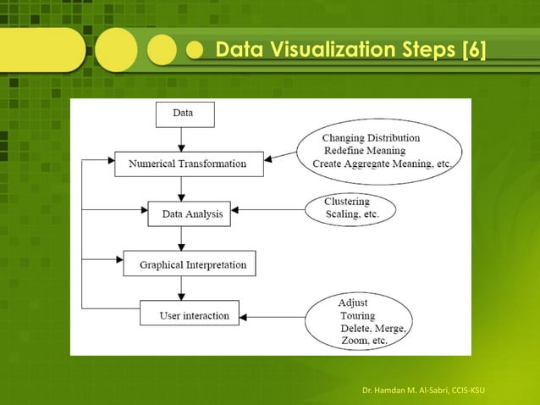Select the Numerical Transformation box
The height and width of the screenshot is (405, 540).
click(x=188, y=163)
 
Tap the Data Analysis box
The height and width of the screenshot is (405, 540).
click(x=192, y=214)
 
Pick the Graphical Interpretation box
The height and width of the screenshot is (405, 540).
click(x=189, y=264)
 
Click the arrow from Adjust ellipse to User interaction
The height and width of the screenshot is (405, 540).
click(x=271, y=317)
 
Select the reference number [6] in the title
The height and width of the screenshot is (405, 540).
click(x=472, y=51)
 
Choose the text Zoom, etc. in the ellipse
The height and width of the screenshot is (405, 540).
click(x=364, y=341)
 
